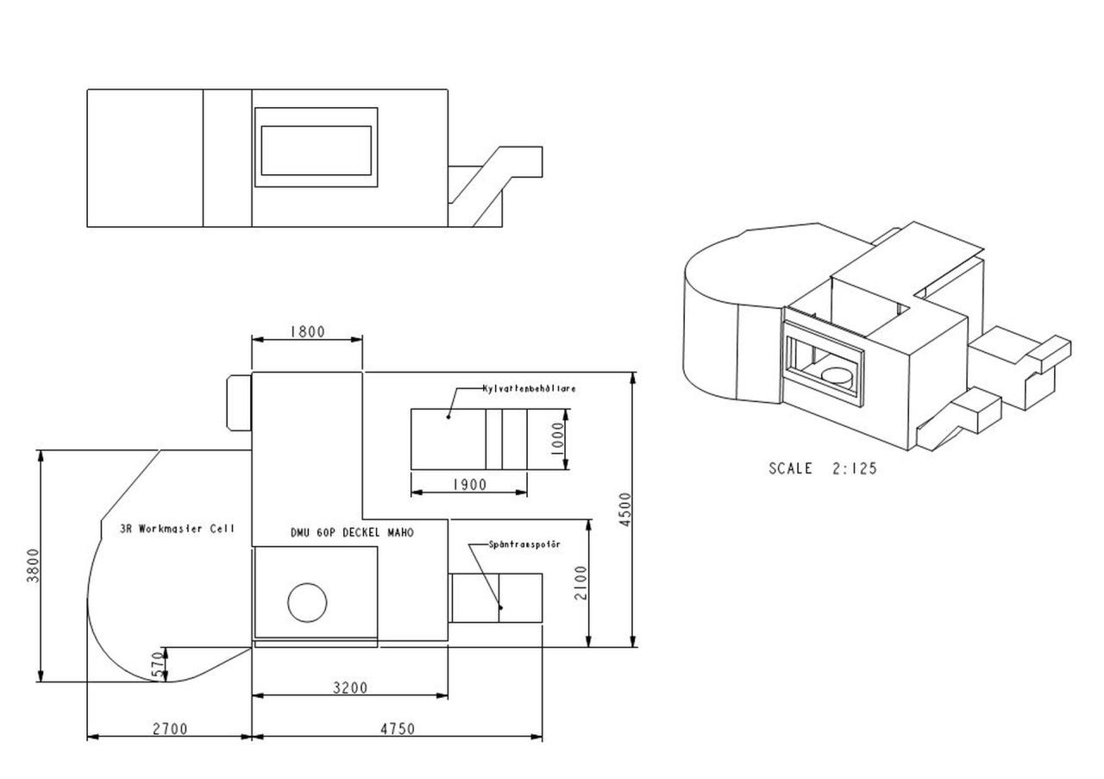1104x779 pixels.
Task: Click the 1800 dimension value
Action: click(308, 332)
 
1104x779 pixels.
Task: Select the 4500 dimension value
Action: click(625, 510)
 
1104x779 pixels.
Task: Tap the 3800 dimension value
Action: click(33, 566)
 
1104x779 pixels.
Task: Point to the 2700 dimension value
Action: click(170, 729)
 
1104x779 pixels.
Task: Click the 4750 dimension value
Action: click(398, 729)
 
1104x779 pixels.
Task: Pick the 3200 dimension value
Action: click(350, 688)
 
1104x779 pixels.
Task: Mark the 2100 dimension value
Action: click(581, 583)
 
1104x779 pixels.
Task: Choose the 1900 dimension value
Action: click(470, 485)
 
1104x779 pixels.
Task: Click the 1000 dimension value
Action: click(557, 439)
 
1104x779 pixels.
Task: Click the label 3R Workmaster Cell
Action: click(178, 529)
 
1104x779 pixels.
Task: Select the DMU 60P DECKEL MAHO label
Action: click(353, 533)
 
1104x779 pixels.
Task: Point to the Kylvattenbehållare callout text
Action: click(530, 388)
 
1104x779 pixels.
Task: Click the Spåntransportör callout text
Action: click(525, 545)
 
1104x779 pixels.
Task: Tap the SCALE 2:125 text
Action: click(823, 468)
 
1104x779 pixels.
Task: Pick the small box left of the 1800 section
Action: click(239, 403)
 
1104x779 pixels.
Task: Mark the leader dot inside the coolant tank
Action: click(448, 418)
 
